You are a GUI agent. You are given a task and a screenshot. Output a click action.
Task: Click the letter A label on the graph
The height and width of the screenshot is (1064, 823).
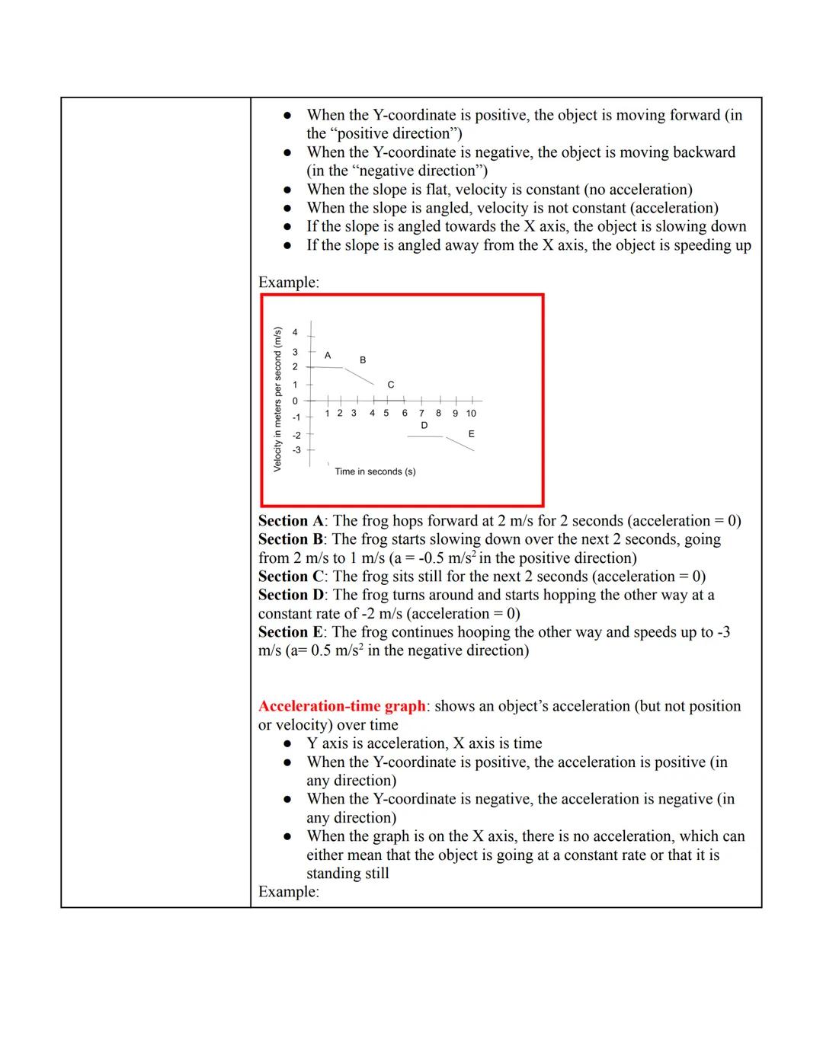(328, 355)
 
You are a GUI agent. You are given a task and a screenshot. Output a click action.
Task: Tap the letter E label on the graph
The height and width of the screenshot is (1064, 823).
(471, 433)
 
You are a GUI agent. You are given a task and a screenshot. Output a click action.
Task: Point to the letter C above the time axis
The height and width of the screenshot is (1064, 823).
(391, 385)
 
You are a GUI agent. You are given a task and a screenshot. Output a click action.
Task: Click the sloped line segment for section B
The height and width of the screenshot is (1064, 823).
(359, 376)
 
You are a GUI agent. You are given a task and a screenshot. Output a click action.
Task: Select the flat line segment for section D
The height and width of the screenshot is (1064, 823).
(424, 437)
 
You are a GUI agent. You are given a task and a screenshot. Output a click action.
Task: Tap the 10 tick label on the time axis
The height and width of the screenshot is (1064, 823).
(471, 414)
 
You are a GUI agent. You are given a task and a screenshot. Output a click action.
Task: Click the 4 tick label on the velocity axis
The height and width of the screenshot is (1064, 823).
(296, 332)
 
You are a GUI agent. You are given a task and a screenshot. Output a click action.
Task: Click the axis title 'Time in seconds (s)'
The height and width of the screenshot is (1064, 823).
(375, 471)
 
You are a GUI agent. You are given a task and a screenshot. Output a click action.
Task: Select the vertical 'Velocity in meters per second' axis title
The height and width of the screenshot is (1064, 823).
(277, 398)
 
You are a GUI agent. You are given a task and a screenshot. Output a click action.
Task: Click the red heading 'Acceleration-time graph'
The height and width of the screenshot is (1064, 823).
(341, 706)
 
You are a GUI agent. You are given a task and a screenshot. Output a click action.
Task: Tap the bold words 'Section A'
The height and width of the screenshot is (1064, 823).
(291, 521)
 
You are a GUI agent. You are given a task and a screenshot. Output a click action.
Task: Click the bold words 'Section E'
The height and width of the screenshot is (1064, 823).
(290, 632)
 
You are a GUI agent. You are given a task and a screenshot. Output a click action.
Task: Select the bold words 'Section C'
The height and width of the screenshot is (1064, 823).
(291, 577)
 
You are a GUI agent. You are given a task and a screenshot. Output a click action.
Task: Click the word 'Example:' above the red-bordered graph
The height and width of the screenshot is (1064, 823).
(288, 283)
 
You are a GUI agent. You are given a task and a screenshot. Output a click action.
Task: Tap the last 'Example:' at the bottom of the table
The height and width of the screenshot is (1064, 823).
(288, 892)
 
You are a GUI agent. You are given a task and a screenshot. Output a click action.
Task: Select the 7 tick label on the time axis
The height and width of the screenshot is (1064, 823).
(421, 414)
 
